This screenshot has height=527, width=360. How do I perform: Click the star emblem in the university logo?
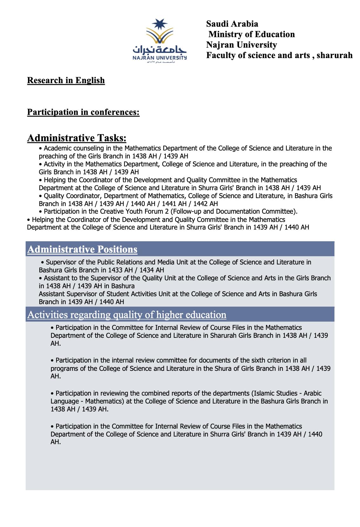160,24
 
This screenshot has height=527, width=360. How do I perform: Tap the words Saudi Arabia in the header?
232,24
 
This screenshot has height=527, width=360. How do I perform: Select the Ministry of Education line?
251,34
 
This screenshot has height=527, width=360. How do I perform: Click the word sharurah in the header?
335,55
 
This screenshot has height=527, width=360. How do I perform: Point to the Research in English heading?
66,80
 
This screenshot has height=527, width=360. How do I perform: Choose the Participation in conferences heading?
83,112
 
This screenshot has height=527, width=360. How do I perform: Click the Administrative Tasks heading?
77,138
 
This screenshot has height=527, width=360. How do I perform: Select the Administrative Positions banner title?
82,249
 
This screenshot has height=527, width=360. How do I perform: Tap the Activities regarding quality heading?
127,315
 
